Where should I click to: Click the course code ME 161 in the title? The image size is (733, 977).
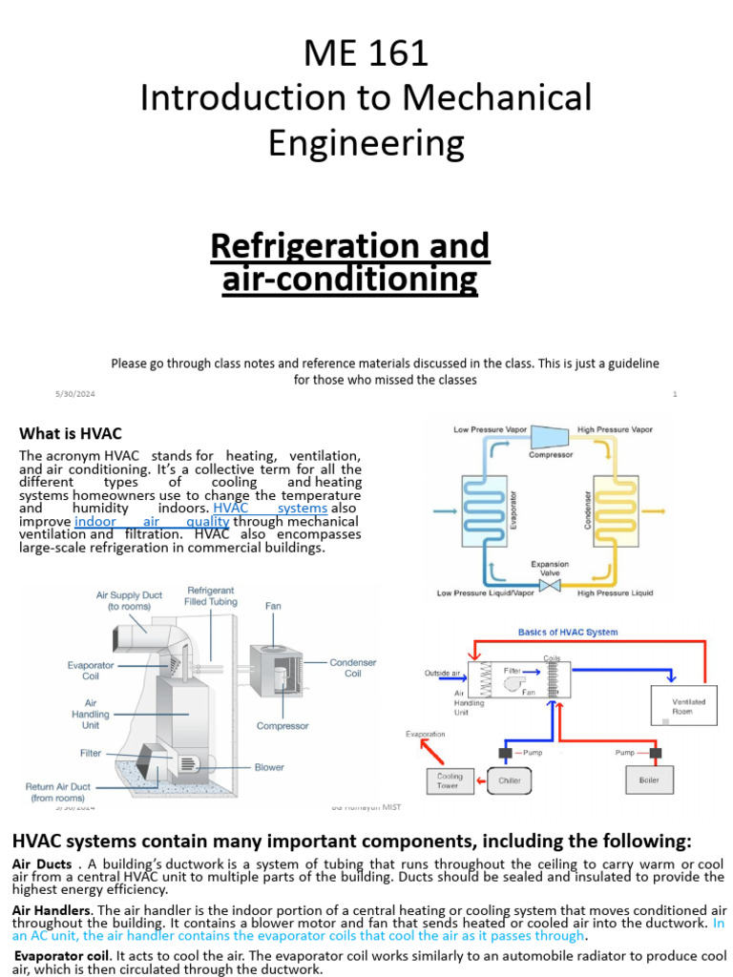366,52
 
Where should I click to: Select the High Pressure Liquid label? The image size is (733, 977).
616,593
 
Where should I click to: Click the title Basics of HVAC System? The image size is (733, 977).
567,632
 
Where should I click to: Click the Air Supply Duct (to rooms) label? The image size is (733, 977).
129,600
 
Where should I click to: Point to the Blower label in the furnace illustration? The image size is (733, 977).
269,767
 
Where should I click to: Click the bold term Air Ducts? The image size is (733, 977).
41,863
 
